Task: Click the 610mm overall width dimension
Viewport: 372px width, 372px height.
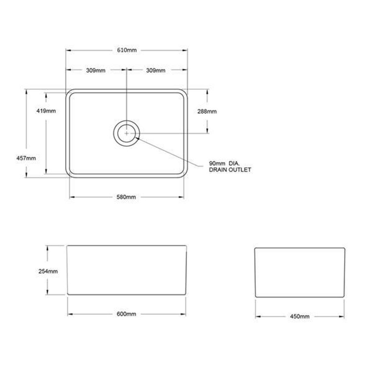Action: [127, 50]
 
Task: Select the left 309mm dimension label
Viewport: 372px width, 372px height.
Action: [95, 70]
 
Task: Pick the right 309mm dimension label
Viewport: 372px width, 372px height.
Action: [156, 70]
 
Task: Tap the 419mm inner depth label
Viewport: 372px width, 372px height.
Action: [46, 111]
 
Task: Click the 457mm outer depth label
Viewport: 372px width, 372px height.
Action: [26, 158]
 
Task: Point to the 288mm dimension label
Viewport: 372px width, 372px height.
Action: [207, 111]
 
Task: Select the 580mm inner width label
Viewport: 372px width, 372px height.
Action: [126, 197]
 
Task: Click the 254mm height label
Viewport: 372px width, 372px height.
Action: [48, 271]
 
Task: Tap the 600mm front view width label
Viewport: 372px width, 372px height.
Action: [126, 314]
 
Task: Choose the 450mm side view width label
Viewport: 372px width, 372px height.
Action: [300, 317]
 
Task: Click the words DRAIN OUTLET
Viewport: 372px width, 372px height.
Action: [230, 170]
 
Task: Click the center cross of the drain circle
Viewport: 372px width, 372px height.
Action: [127, 133]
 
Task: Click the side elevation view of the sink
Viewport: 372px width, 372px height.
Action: [300, 272]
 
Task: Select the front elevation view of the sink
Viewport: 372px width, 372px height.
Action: [126, 270]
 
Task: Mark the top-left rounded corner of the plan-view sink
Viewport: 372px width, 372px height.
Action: [69, 92]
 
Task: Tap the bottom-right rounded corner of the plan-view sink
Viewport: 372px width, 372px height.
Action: [185, 175]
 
